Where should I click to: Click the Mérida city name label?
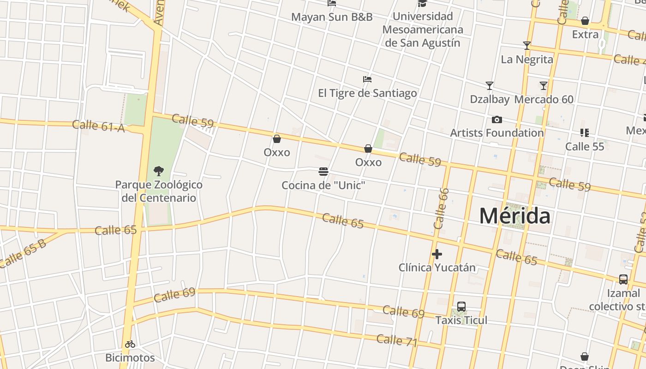[x=514, y=216]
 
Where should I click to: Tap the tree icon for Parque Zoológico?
[x=159, y=171]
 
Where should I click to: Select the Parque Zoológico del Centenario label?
[x=159, y=191]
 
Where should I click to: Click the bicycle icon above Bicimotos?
[x=130, y=344]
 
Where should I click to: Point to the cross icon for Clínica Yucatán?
[x=437, y=254]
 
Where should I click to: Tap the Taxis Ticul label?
[x=461, y=320]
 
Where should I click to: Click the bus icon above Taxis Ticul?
[x=461, y=307]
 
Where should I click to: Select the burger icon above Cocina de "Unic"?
[x=323, y=172]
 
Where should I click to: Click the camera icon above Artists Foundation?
[x=496, y=120]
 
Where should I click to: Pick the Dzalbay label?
[x=490, y=99]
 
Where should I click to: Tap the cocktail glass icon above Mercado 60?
[x=544, y=86]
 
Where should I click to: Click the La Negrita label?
[x=526, y=59]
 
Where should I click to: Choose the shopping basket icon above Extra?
[x=585, y=21]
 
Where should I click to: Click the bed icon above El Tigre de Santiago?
[x=367, y=79]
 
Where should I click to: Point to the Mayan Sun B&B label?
[x=331, y=18]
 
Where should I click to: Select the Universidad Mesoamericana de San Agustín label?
[x=422, y=30]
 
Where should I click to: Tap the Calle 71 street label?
[x=396, y=341]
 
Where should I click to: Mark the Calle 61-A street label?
[x=98, y=125]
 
